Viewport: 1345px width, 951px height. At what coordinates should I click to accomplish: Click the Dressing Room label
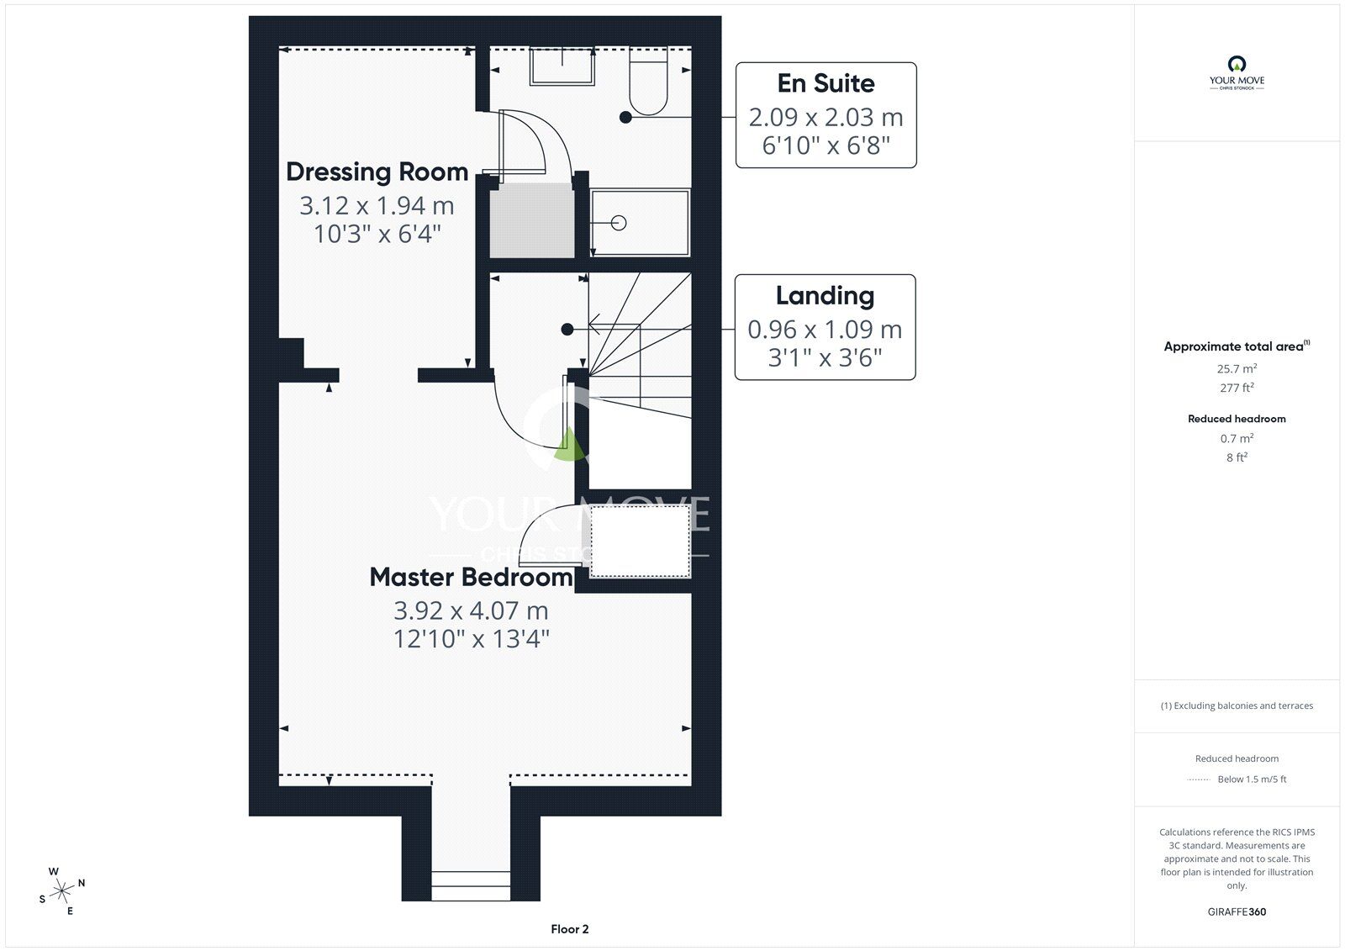(377, 172)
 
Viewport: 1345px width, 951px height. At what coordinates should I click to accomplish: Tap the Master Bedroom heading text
(472, 577)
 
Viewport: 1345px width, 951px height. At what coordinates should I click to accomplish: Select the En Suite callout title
(825, 83)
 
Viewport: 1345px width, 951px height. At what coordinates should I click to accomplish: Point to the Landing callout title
(825, 296)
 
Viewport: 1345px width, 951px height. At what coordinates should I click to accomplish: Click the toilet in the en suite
(648, 81)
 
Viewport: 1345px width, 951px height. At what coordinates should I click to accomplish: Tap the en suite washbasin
(562, 66)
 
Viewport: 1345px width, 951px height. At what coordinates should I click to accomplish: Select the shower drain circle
(619, 223)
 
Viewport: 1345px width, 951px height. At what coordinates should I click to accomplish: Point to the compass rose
(62, 891)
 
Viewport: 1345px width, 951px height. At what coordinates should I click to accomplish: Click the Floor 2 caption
(570, 929)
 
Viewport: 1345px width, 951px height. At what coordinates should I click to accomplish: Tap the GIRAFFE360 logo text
(1237, 911)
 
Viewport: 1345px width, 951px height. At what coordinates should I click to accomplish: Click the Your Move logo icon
(1237, 64)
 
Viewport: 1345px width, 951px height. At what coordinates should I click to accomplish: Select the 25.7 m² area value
(1237, 368)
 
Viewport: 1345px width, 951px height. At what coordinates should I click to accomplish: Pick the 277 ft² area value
(1237, 388)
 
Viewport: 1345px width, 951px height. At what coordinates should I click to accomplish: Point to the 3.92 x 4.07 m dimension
(472, 611)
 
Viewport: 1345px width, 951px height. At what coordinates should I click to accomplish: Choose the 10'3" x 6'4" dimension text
(377, 234)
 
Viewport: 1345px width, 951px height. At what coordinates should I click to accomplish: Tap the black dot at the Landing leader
(567, 330)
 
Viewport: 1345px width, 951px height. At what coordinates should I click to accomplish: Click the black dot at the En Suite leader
(625, 117)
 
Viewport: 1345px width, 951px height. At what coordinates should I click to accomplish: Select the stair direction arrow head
(593, 325)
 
